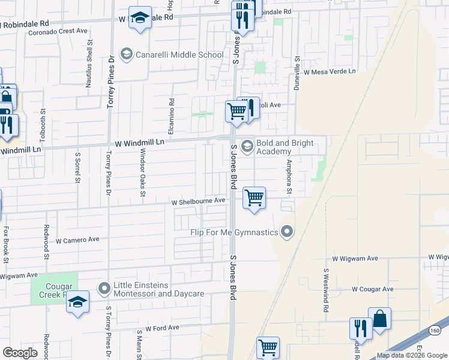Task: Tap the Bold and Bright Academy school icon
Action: point(247,146)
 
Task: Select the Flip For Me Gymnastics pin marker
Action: point(288,232)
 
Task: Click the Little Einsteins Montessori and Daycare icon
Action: point(104,289)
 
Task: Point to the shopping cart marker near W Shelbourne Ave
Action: point(255,198)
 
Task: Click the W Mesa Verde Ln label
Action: point(329,71)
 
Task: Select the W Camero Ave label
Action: point(77,239)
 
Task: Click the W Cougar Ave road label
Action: point(372,289)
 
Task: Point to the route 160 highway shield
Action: point(435,330)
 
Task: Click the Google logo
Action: point(20,353)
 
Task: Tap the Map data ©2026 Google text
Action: point(412,355)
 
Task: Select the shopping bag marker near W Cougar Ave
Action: point(379,319)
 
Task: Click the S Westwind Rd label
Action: point(326,290)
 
